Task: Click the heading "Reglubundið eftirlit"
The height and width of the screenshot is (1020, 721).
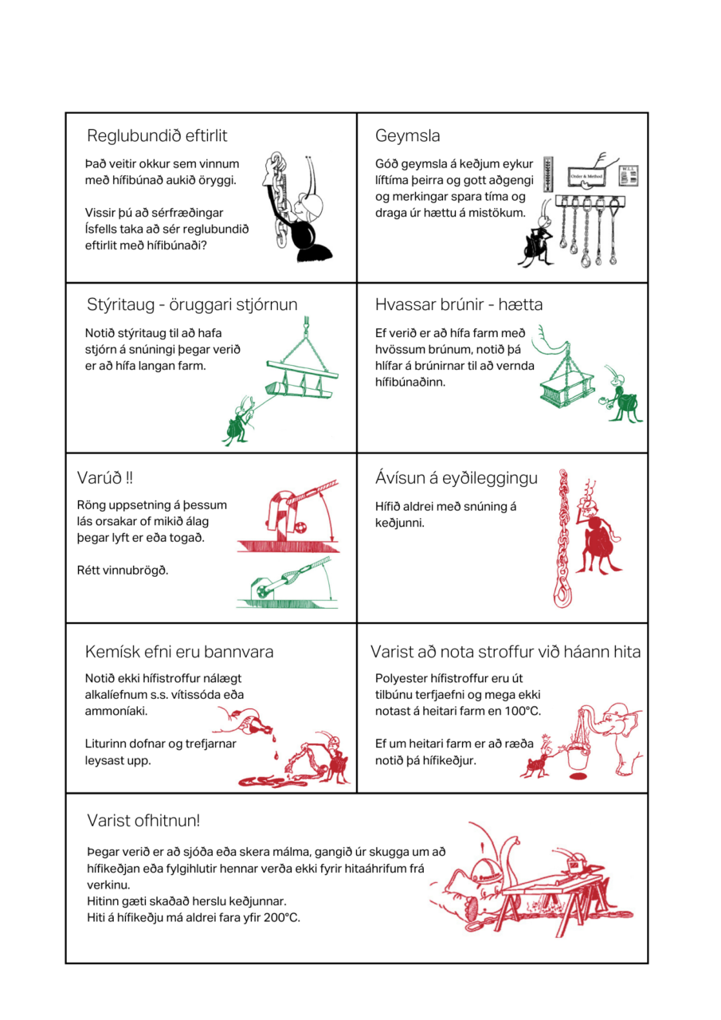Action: (157, 135)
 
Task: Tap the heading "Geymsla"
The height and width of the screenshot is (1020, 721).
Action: (407, 136)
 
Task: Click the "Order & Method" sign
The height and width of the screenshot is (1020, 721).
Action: (586, 176)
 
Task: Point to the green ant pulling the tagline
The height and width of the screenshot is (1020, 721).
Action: (238, 421)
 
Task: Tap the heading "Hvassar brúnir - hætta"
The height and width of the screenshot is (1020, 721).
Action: (458, 304)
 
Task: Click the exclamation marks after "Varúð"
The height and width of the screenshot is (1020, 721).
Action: (129, 477)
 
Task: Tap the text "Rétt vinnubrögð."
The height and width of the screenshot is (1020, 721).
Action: (123, 571)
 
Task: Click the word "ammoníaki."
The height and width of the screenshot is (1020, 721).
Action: (116, 711)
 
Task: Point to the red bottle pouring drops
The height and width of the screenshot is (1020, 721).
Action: (257, 724)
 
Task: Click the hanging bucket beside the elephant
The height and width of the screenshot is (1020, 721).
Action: (578, 756)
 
